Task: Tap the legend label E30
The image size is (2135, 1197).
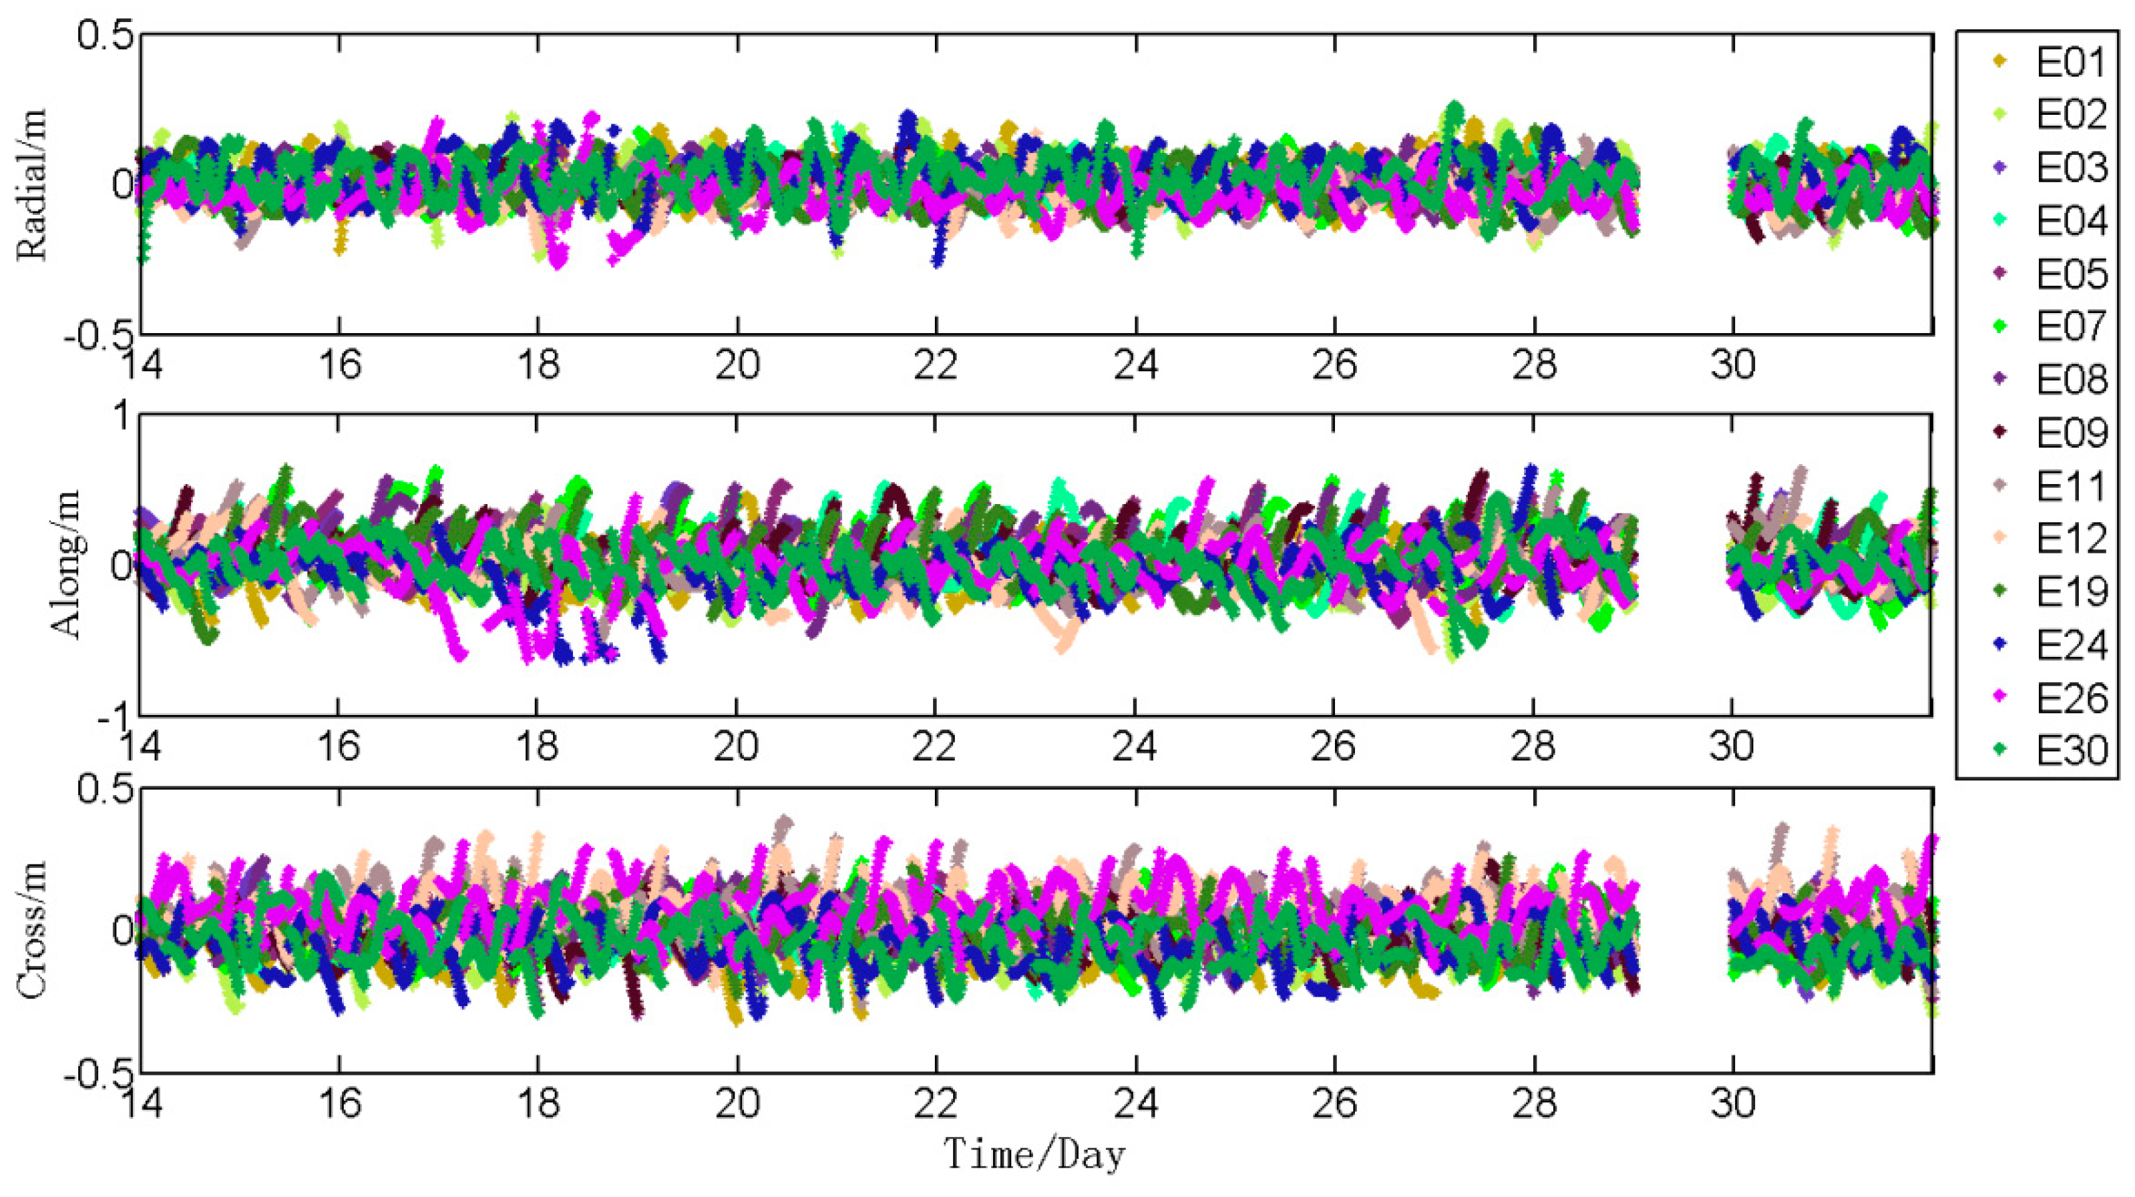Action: click(2070, 750)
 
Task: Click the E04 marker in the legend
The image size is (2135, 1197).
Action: click(2000, 220)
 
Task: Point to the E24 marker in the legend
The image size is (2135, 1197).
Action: click(2000, 644)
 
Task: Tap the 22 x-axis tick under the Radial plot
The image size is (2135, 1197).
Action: click(936, 365)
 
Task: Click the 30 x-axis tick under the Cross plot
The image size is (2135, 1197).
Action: click(1732, 1104)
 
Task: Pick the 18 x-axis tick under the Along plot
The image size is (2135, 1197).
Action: click(537, 747)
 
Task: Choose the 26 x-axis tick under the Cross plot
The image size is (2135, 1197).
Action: click(1334, 1104)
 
